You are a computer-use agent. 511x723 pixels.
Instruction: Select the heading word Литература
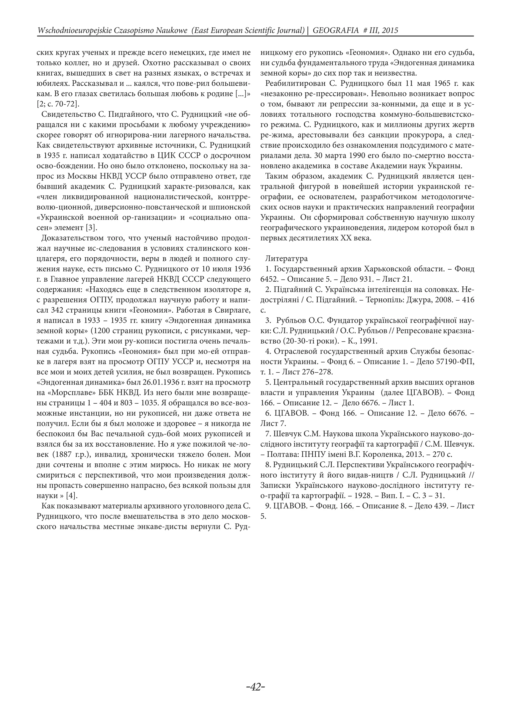[x=287, y=259]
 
